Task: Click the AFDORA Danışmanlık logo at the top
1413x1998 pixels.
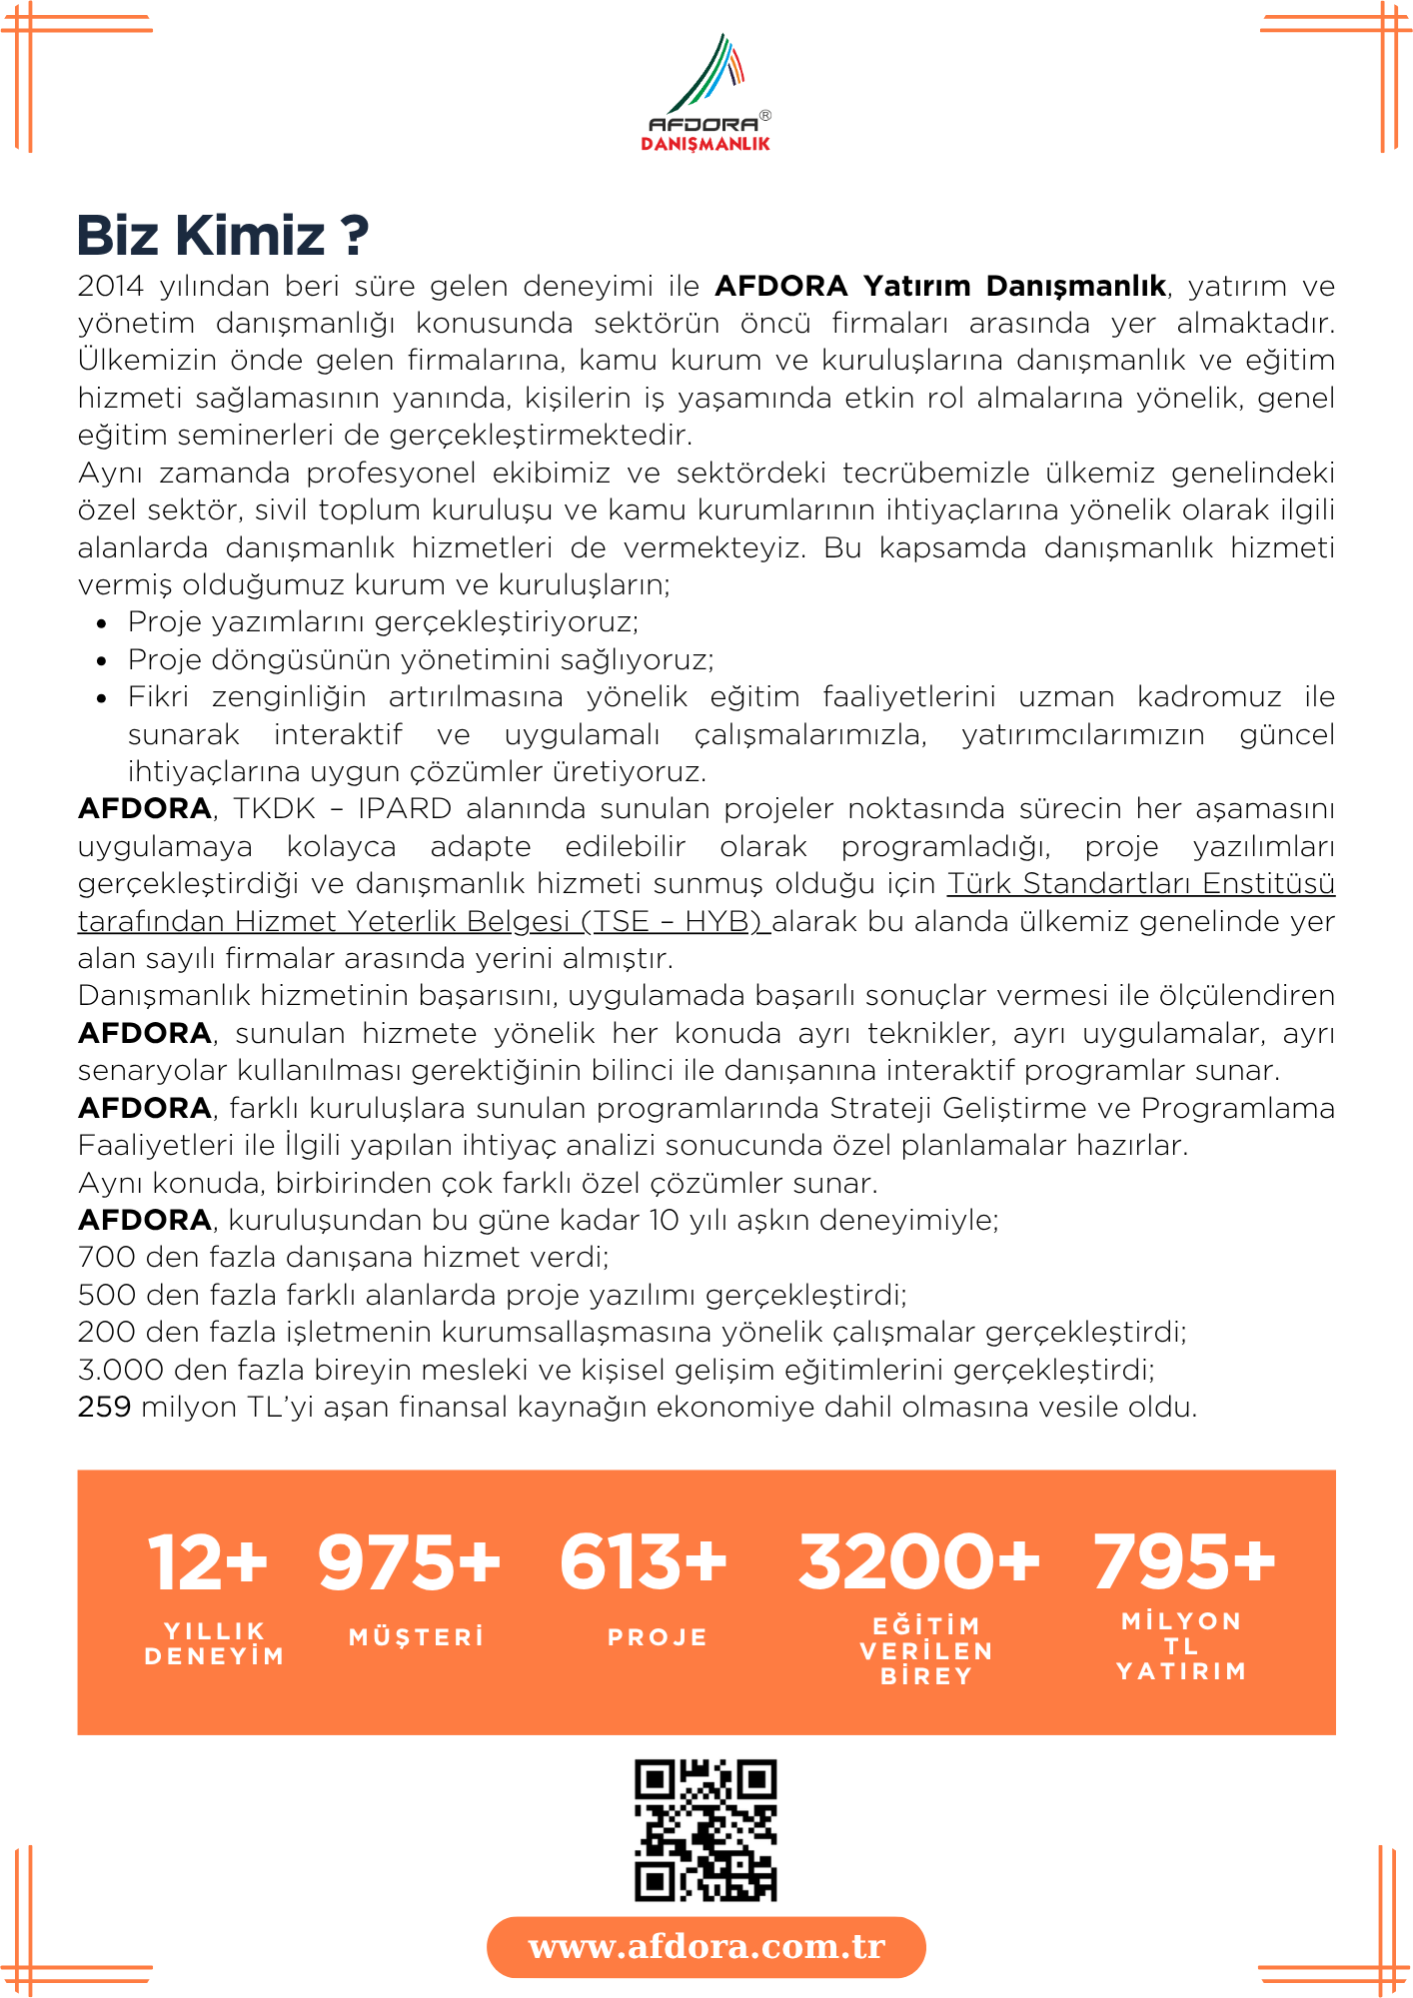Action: (x=706, y=93)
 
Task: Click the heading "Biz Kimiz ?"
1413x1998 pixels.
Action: (x=223, y=236)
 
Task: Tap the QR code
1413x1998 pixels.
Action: (x=706, y=1830)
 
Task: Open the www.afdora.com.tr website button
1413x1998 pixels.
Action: (x=706, y=1947)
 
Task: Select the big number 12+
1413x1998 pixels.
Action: (x=208, y=1562)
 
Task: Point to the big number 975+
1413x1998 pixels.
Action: (x=409, y=1562)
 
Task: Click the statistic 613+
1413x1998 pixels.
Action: (x=644, y=1562)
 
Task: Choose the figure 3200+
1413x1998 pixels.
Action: (x=918, y=1562)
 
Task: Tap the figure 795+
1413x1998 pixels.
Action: (x=1183, y=1562)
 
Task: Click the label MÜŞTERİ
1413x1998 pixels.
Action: (x=417, y=1637)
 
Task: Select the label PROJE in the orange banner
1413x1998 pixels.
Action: (x=658, y=1637)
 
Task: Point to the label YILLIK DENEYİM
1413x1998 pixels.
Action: (x=214, y=1643)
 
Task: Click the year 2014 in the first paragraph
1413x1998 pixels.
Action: (x=110, y=287)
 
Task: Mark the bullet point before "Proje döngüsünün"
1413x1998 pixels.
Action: (x=102, y=661)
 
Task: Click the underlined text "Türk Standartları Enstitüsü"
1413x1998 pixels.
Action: (x=1140, y=884)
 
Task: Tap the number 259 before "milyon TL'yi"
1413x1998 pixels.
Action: (x=104, y=1408)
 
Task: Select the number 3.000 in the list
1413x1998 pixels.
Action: (x=109, y=1370)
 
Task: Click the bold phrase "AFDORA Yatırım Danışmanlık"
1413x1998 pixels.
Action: (x=940, y=287)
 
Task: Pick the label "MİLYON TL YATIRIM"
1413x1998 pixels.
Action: (x=1181, y=1646)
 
